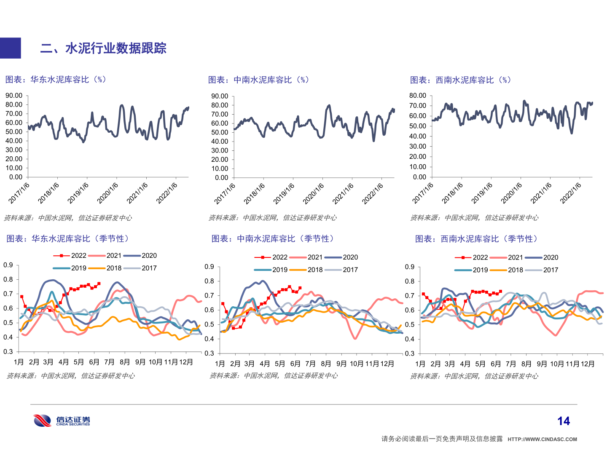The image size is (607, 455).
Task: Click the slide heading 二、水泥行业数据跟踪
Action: click(x=103, y=48)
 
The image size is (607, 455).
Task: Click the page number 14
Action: click(x=563, y=421)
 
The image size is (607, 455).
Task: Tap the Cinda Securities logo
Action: click(x=62, y=420)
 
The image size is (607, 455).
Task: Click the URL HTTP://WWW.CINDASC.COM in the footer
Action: click(x=542, y=439)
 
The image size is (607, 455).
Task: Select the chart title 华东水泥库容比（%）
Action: click(x=56, y=80)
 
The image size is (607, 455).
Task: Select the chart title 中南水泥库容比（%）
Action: click(x=259, y=80)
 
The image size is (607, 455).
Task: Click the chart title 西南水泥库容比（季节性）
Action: click(x=477, y=239)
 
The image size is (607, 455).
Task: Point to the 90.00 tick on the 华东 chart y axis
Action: click(x=14, y=96)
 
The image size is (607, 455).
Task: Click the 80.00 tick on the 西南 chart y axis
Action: click(x=418, y=96)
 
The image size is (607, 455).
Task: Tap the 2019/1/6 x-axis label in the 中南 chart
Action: click(x=284, y=194)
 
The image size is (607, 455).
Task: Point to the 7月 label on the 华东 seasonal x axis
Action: click(x=109, y=362)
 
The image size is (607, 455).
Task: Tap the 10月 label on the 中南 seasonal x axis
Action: click(x=357, y=364)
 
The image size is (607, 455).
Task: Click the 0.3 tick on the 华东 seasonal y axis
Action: click(x=8, y=351)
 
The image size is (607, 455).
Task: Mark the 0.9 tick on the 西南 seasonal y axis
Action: click(x=410, y=267)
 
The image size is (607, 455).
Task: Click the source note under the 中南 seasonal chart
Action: click(x=274, y=375)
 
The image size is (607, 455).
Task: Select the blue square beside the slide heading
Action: click(x=10, y=48)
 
